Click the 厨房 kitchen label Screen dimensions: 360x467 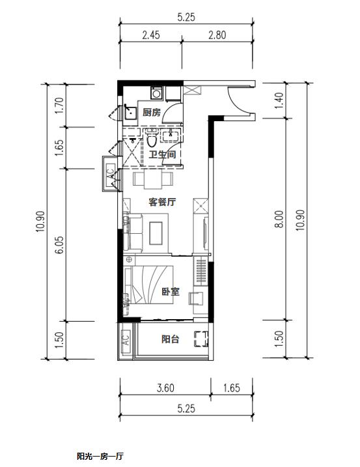[x=151, y=112]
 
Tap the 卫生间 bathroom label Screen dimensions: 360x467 [x=162, y=154]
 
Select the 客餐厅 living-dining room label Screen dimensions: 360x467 [x=162, y=202]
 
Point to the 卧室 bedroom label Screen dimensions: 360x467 [x=171, y=291]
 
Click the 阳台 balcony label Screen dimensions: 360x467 [x=171, y=339]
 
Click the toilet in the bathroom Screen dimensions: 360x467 [x=152, y=138]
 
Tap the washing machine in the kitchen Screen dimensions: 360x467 [x=156, y=93]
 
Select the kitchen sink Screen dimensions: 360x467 [x=130, y=112]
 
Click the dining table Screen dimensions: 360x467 [x=153, y=179]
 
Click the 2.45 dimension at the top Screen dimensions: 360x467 [x=151, y=35]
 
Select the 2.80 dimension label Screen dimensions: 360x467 [x=217, y=35]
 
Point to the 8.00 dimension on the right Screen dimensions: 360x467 [x=279, y=219]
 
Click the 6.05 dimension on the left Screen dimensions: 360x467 [x=59, y=245]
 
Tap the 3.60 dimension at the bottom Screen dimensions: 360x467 [x=165, y=388]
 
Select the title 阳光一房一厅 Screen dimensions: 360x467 [x=100, y=457]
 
